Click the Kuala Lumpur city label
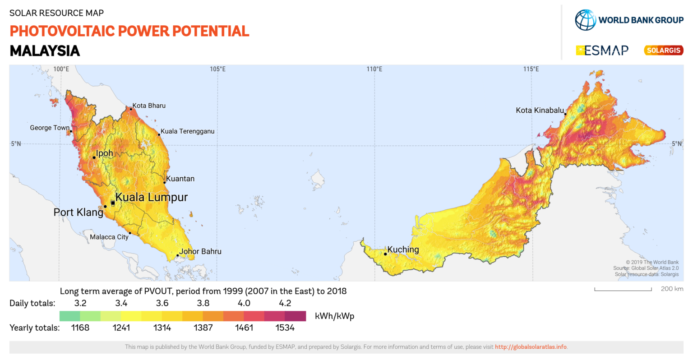(151, 197)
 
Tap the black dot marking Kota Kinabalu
(565, 114)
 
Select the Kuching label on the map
(403, 249)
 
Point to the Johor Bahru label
(200, 251)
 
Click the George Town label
(50, 128)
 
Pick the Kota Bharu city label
(149, 106)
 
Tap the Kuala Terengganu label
(187, 131)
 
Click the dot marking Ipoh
(94, 157)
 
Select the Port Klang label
(79, 212)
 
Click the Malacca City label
(109, 237)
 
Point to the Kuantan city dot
(165, 183)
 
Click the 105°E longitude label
(217, 69)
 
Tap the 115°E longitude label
(531, 69)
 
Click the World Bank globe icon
(585, 20)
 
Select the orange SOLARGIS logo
(663, 50)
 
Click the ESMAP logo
(602, 50)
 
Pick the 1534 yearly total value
(285, 328)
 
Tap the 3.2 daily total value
(80, 303)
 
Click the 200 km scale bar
(623, 289)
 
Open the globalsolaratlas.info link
(531, 347)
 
